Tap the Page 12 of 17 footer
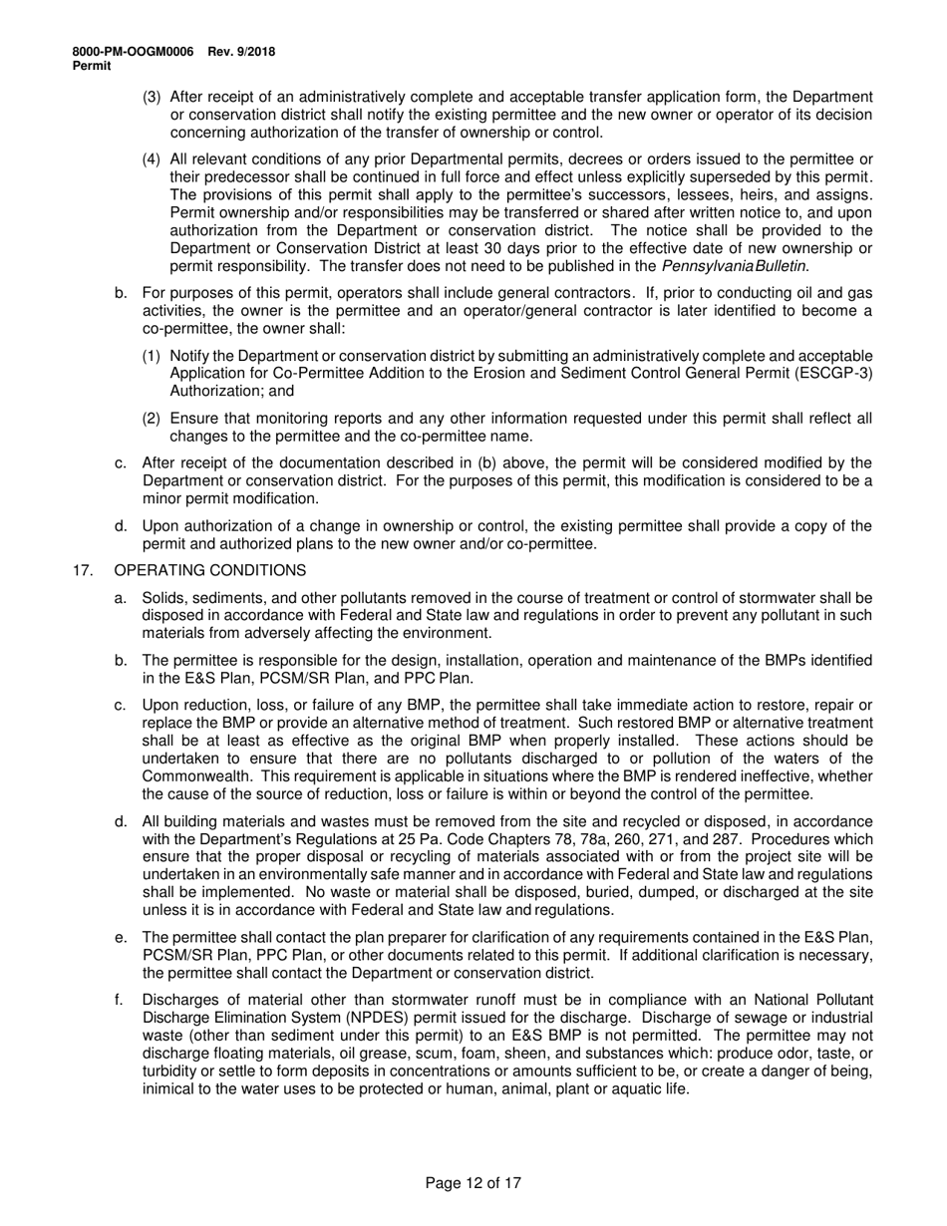coord(473,1184)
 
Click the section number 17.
coord(84,570)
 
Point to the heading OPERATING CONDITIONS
coord(211,570)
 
